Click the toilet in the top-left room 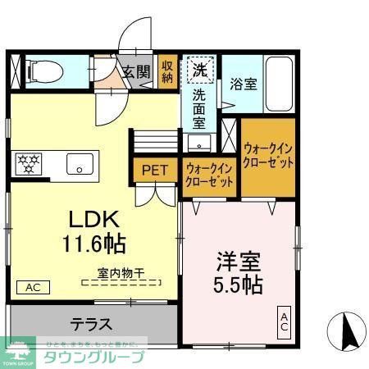tap(40, 71)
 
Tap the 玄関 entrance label tap(136, 72)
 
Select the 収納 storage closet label tap(167, 72)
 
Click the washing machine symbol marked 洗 tap(200, 69)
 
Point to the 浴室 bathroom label tap(243, 84)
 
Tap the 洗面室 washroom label tap(199, 108)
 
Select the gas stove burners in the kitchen tap(30, 161)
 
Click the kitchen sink tap(80, 162)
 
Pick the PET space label tap(155, 171)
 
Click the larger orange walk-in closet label tap(268, 154)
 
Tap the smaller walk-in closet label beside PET tap(210, 175)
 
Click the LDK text tap(93, 221)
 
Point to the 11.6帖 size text tap(93, 244)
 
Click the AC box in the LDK tap(33, 288)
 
